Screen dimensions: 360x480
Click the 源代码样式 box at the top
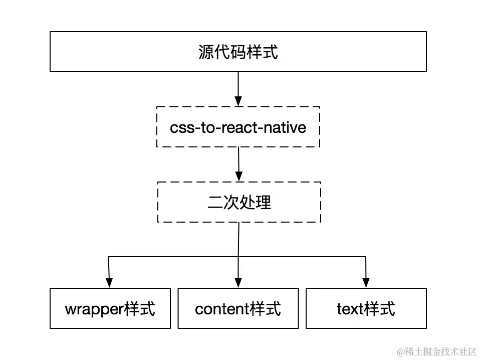click(x=238, y=52)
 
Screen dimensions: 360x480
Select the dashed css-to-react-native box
click(x=238, y=127)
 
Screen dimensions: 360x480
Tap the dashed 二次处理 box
click(x=239, y=202)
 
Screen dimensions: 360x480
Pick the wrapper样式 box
click(x=110, y=308)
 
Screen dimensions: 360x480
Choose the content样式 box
click(x=238, y=308)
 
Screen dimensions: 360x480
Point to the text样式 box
click(x=366, y=308)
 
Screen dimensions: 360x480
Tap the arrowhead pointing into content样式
click(x=238, y=282)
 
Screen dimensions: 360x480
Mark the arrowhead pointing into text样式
click(x=366, y=282)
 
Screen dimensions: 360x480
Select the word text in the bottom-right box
click(x=350, y=309)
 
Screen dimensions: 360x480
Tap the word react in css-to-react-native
click(x=239, y=127)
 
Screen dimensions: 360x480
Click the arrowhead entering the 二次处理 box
click(x=239, y=176)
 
